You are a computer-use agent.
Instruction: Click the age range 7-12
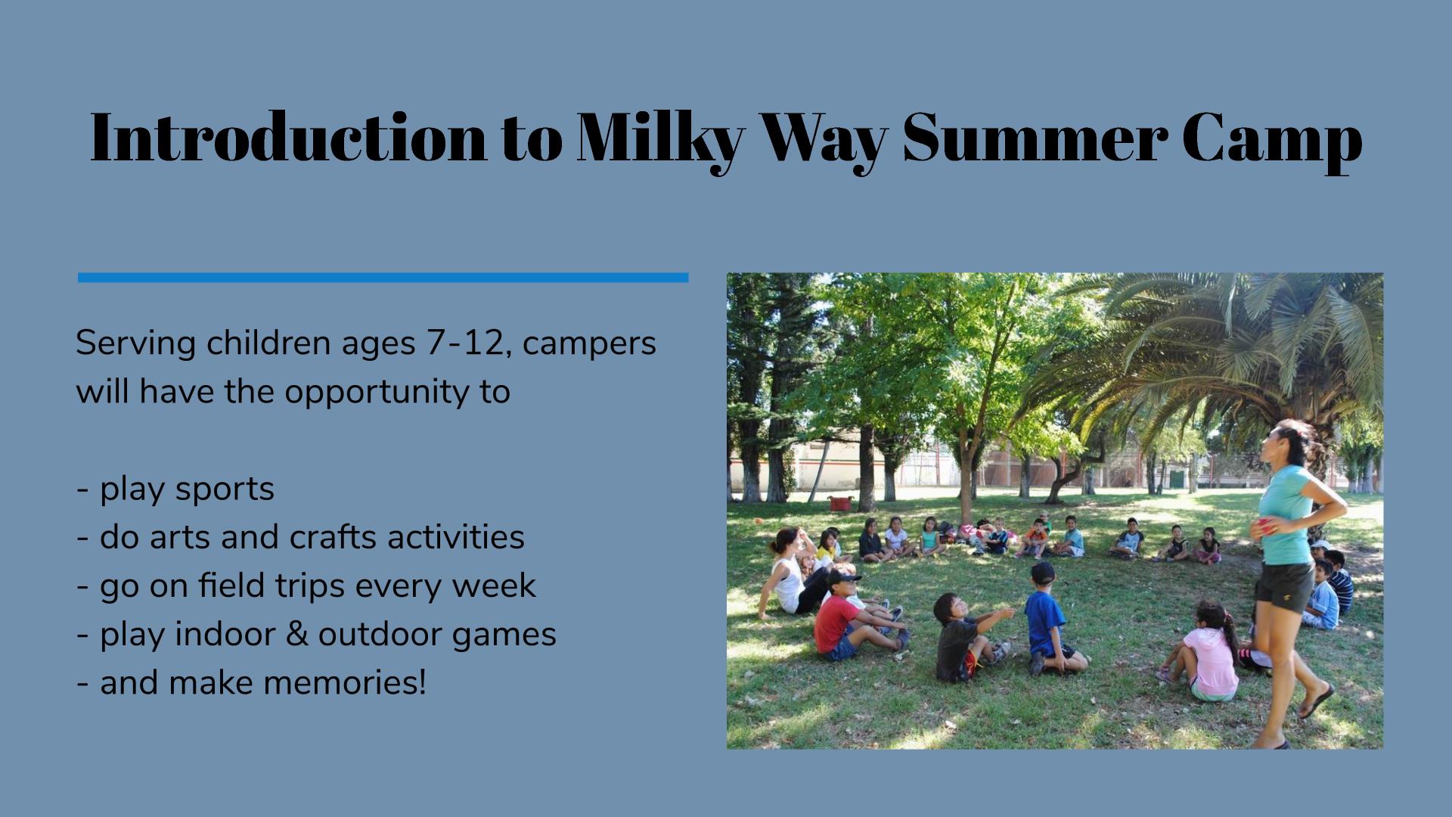coord(465,343)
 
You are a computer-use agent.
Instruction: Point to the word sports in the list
coord(225,489)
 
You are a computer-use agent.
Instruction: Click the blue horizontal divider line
coord(383,278)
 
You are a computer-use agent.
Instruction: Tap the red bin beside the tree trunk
coord(839,503)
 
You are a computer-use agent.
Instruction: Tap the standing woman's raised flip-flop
coord(1317,702)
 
